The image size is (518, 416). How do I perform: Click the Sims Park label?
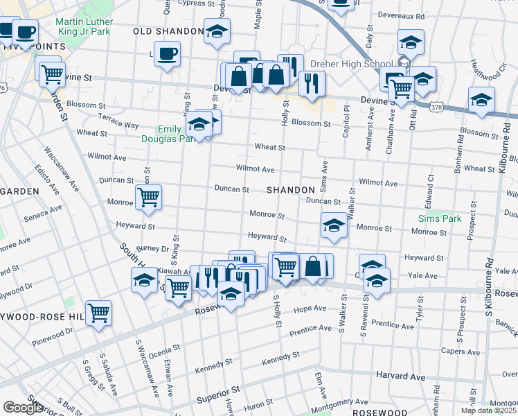(440, 218)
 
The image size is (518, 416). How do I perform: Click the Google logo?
(23, 408)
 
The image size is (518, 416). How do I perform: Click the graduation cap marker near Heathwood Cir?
(481, 101)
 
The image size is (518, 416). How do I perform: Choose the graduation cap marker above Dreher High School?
(411, 42)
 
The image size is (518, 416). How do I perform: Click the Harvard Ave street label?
(401, 376)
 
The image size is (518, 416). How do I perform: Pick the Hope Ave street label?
(310, 309)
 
